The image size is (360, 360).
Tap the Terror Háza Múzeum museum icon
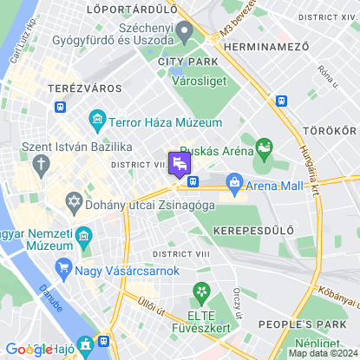[x=97, y=118]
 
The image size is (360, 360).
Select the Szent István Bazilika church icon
[x=42, y=163]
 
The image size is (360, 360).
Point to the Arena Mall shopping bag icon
[x=233, y=182]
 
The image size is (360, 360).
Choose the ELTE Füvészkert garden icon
[x=201, y=291]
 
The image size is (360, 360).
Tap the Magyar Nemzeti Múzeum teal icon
[x=84, y=235]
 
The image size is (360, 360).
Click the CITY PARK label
[x=184, y=62]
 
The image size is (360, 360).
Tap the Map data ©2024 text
[x=322, y=353]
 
